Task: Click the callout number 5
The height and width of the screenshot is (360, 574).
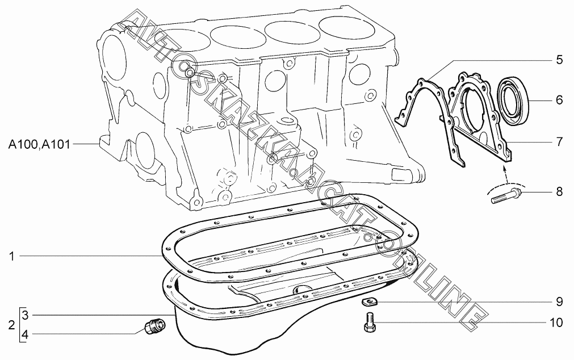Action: tap(559, 60)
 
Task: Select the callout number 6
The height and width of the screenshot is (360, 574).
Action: tap(559, 99)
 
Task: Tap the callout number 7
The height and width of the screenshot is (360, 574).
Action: tap(559, 142)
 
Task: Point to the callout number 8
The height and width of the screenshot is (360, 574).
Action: tap(559, 191)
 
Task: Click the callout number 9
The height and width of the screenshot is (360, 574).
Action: tap(559, 302)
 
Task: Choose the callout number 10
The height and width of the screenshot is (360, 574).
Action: tap(556, 323)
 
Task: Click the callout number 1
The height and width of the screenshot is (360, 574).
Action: tap(12, 256)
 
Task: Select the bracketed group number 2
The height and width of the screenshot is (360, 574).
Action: tap(12, 325)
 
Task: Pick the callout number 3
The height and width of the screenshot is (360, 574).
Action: tap(25, 315)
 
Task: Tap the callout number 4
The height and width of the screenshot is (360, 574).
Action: tap(25, 334)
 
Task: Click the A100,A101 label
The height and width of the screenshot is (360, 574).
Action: tap(39, 145)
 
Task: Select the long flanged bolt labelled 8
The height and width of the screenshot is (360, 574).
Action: tap(506, 195)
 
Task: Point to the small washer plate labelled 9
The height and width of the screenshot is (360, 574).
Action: tap(369, 302)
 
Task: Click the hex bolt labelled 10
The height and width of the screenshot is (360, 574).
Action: tap(370, 322)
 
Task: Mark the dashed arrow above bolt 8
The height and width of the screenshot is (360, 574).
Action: tap(506, 175)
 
